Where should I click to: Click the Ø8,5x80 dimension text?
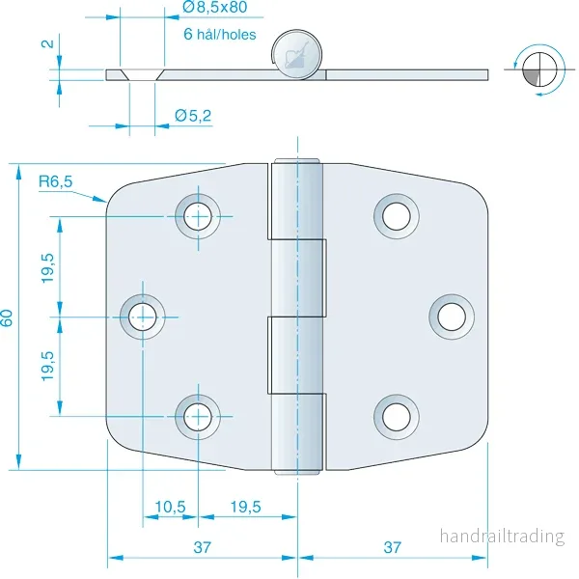[215, 8]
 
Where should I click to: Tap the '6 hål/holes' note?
[220, 35]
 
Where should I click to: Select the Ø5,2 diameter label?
[193, 116]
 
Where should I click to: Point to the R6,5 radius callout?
[55, 181]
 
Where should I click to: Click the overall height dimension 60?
[7, 317]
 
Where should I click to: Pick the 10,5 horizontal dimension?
[170, 507]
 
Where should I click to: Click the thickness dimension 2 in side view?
[47, 44]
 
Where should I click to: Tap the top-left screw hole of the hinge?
[198, 216]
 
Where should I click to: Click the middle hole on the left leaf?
[143, 317]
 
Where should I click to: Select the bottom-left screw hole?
[198, 417]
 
